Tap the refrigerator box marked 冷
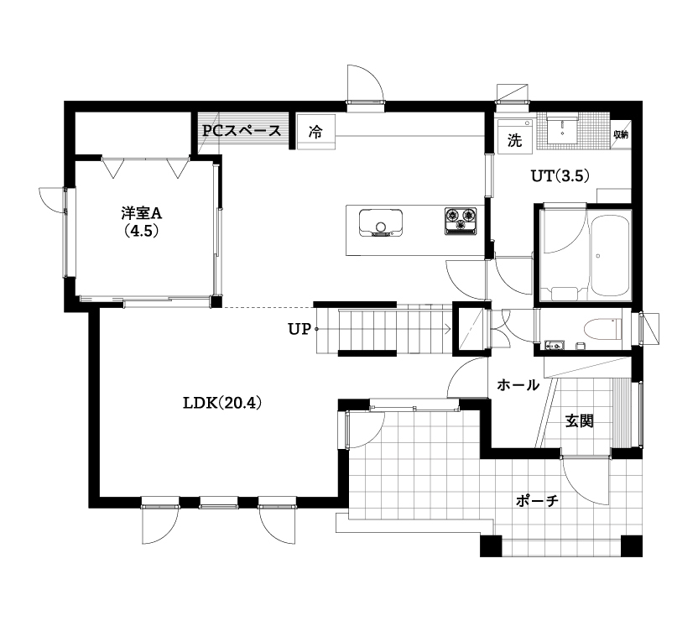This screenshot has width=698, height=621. coord(315,132)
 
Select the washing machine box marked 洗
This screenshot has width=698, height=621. coord(514,138)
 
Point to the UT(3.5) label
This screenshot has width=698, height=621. coord(561,176)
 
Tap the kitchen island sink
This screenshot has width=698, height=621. coord(381,224)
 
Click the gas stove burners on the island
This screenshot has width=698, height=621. coord(460,221)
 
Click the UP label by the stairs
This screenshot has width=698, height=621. coord(299,329)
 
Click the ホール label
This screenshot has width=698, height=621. coord(518,385)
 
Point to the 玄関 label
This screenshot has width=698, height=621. coord(579,420)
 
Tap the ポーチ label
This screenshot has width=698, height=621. coord(538,501)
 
